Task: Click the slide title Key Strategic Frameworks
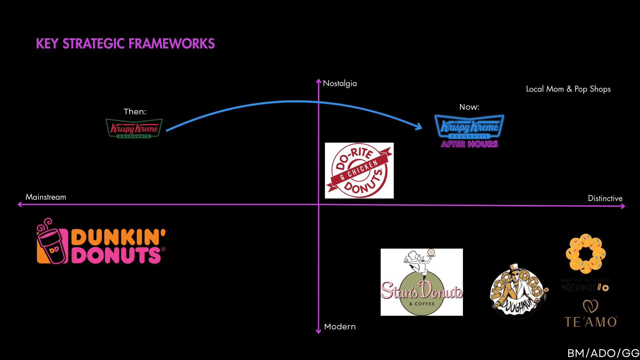pos(125,44)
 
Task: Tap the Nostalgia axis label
pos(339,83)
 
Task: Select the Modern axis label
pos(340,327)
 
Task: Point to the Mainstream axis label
pos(46,197)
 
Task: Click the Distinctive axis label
pos(605,198)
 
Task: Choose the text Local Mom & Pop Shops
pos(568,89)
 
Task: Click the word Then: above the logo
pos(135,112)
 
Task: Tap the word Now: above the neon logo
pos(469,107)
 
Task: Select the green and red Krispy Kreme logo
pos(134,128)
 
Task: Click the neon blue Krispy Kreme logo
pos(469,126)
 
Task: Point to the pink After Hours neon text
pos(469,144)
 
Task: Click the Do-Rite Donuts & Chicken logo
pos(359,170)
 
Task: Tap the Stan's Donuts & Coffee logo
pos(421,282)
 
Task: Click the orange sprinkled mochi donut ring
pos(585,253)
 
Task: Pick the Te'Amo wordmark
pos(590,322)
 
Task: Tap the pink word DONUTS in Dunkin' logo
pos(116,255)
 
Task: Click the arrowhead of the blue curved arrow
pos(419,127)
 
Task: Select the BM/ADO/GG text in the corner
pos(603,353)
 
